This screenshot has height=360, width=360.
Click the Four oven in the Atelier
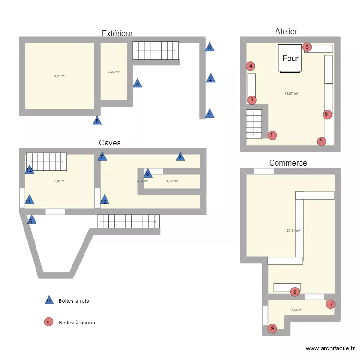click(x=290, y=59)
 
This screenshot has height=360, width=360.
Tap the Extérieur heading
click(x=117, y=33)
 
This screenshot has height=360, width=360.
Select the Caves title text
click(x=109, y=143)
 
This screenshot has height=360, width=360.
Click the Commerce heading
click(x=288, y=163)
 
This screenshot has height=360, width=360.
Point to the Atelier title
click(x=286, y=31)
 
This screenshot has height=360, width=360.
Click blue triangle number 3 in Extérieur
click(x=209, y=47)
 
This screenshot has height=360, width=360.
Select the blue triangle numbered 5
click(x=97, y=120)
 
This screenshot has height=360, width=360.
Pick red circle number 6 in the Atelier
click(x=326, y=114)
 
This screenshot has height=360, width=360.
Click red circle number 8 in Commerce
click(x=295, y=291)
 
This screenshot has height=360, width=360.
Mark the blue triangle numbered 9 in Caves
click(x=180, y=156)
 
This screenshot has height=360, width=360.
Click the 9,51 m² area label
click(x=60, y=76)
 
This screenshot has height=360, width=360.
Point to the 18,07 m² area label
click(x=291, y=94)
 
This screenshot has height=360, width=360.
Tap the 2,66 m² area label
click(x=297, y=310)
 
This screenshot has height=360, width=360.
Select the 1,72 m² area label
click(x=172, y=181)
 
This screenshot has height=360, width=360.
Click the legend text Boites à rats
click(x=73, y=301)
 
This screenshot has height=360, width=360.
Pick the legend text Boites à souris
click(x=76, y=323)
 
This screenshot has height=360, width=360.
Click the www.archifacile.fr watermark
click(x=330, y=348)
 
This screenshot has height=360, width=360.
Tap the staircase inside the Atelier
click(x=254, y=124)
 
